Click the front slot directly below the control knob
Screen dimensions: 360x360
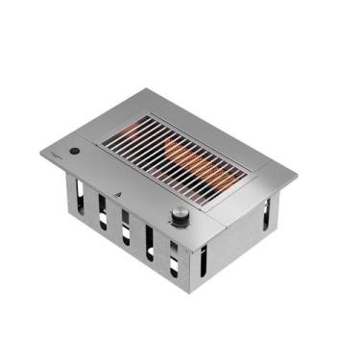point(174,256)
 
